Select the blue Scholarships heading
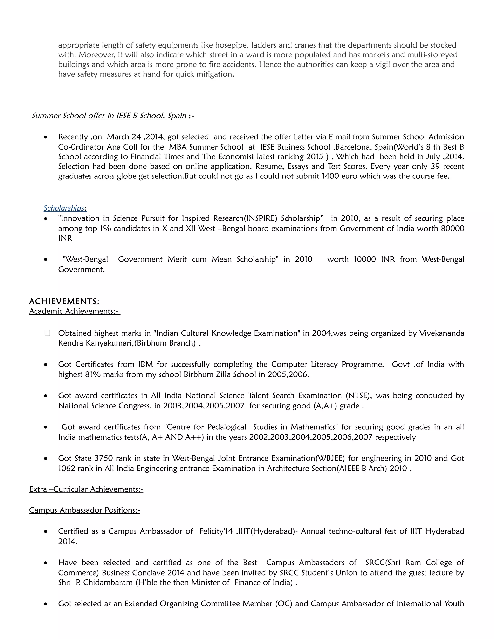click(64, 208)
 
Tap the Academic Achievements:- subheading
click(74, 311)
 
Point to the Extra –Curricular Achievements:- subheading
click(86, 489)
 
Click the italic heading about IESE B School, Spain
click(109, 116)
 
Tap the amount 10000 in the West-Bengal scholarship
click(364, 259)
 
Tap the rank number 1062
click(67, 469)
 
